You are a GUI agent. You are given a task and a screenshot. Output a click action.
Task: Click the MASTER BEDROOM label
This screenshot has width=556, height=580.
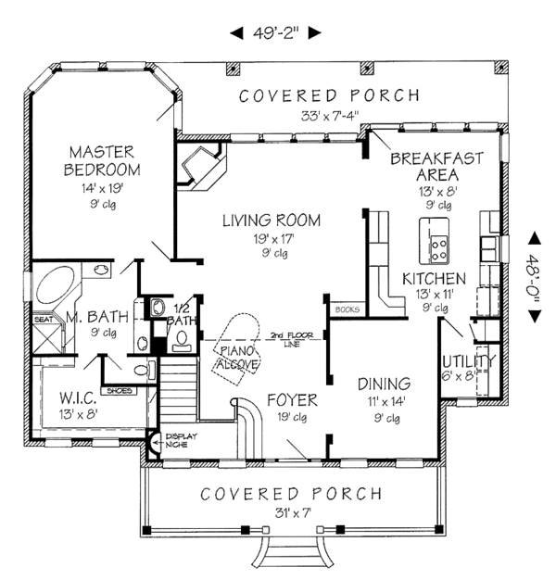coord(102,160)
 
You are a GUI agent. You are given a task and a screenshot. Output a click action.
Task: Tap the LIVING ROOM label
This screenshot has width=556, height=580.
coord(271,221)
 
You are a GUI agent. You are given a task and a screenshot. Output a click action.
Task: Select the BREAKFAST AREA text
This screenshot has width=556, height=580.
coord(436,167)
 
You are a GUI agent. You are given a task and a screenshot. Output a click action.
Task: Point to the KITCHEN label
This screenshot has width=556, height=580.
coord(433,278)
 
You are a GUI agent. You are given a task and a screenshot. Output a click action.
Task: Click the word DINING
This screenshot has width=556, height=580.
coord(384,383)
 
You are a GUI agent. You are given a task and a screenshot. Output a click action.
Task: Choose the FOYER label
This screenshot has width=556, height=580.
coord(292,400)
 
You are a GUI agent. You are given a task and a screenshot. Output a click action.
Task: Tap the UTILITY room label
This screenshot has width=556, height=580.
coord(468,360)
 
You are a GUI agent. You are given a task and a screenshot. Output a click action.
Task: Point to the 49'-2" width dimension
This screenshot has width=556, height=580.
coord(275,33)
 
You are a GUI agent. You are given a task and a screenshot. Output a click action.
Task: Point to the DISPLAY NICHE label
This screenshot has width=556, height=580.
coord(177,441)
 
